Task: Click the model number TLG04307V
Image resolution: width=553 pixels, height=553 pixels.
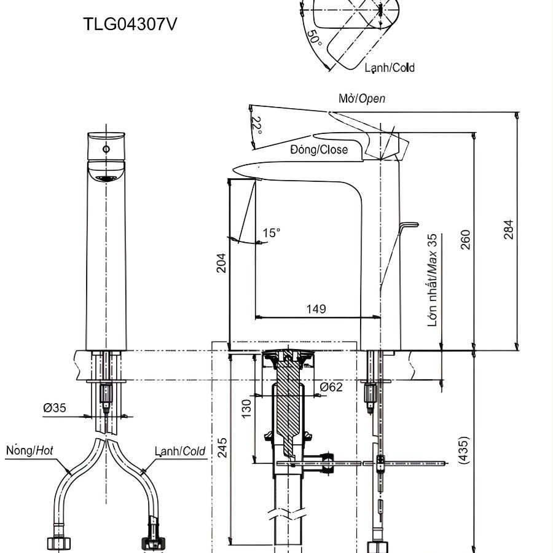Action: (x=132, y=25)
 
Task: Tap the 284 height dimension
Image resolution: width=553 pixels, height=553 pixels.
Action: (x=509, y=229)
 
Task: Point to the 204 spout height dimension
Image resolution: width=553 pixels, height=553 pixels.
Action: (x=221, y=262)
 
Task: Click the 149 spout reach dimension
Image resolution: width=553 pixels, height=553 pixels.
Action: (x=316, y=308)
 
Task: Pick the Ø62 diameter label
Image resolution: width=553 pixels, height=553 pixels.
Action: (x=331, y=387)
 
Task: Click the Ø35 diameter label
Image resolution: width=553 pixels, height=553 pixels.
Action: (x=55, y=407)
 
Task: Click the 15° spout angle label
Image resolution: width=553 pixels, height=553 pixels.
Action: (x=271, y=233)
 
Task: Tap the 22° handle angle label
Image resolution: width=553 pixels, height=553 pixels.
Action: (x=257, y=125)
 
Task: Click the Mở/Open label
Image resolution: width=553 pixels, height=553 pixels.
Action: (x=362, y=98)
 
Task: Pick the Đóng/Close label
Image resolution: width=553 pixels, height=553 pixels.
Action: (x=319, y=149)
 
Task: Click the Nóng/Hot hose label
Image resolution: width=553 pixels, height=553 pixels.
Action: (x=29, y=450)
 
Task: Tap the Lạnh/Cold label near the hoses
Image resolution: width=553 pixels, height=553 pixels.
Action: (x=179, y=451)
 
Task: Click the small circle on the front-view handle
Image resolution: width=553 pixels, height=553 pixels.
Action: (x=106, y=149)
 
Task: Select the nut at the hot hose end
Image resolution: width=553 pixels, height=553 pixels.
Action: (x=60, y=543)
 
